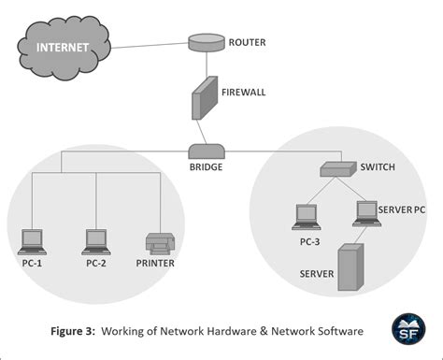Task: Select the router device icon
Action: coord(202,43)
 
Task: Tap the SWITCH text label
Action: coord(378,168)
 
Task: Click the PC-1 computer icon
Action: coord(33,241)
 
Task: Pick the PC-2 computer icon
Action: coord(95,241)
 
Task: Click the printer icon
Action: coord(158,243)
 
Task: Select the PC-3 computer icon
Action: coord(307,217)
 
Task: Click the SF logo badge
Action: coord(407,328)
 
